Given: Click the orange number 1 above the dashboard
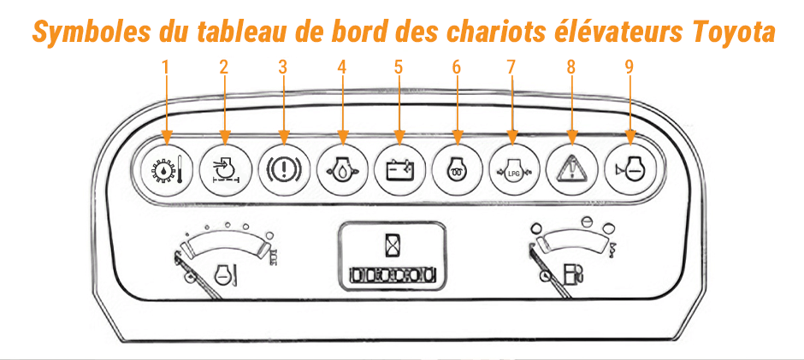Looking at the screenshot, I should coord(167,66).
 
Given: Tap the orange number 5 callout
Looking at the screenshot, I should coord(398,66).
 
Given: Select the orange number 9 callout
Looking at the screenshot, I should coord(630,66).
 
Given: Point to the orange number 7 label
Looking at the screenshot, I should coord(512,66).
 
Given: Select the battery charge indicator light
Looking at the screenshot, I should coord(398,164).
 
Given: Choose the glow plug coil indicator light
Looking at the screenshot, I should coord(455,164).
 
